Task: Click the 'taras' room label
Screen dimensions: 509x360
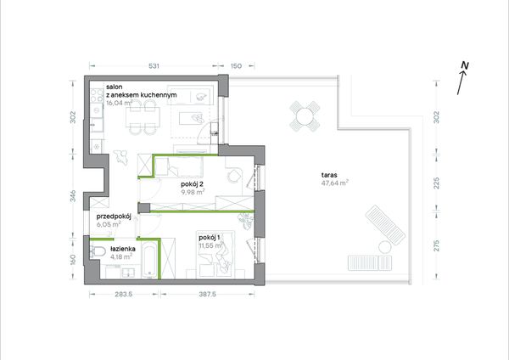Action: coord(329,175)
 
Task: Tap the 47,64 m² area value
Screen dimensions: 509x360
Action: coord(335,183)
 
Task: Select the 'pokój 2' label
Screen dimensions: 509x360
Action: coord(193,184)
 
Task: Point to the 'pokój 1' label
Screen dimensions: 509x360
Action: coord(210,238)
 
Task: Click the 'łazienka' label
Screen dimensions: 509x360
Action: coord(123,250)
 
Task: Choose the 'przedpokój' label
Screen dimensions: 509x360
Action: coord(114,217)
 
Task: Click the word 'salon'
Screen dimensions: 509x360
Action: coord(115,87)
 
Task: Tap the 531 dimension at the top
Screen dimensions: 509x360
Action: coord(154,66)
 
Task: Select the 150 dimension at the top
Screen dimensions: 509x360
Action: coord(236,66)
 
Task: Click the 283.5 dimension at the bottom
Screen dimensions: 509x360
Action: coord(124,295)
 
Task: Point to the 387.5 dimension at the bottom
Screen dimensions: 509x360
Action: coord(206,295)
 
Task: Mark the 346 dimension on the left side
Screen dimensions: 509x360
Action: coord(73,196)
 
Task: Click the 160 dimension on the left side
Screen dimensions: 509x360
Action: coord(73,259)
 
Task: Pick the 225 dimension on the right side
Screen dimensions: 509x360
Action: coord(437,183)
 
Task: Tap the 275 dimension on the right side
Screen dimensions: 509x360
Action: coord(437,245)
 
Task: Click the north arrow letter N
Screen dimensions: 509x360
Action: coord(465,65)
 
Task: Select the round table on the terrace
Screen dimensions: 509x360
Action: coord(305,116)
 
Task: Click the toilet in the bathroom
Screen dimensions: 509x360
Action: coord(98,252)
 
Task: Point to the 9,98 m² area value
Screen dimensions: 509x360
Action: coord(193,192)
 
